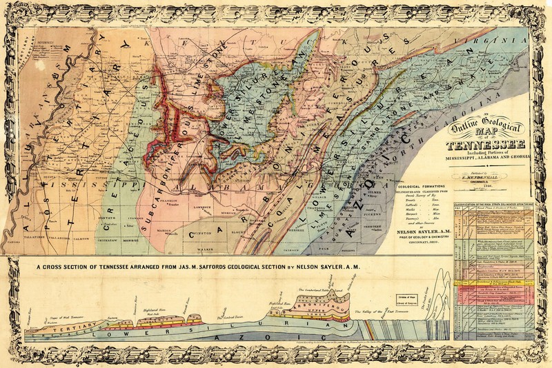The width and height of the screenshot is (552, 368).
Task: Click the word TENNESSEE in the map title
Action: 485,144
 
